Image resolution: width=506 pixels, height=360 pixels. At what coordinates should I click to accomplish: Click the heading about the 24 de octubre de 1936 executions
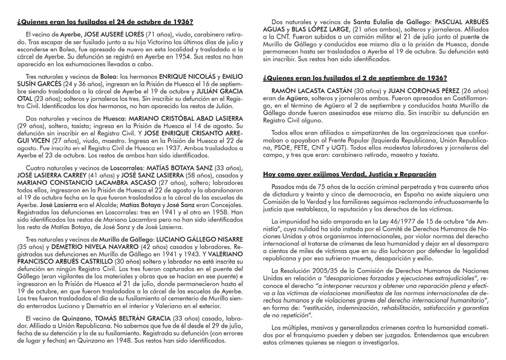pos(105,22)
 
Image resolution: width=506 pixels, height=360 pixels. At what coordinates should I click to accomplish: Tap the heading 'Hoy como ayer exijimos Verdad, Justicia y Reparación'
pos(350,174)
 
